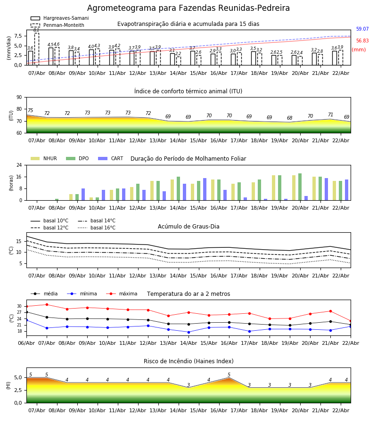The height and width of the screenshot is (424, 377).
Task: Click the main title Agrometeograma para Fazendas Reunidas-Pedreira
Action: (188, 8)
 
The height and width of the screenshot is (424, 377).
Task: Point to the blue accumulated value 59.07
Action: (362, 29)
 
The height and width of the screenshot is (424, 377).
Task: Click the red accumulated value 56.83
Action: (362, 41)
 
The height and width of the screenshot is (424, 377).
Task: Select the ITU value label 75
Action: (30, 111)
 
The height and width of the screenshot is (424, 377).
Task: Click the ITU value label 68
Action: (289, 118)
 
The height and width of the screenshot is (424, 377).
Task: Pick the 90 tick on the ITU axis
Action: (19, 98)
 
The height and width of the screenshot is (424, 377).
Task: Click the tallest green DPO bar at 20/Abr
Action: (300, 187)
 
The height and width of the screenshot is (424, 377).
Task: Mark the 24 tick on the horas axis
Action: (19, 165)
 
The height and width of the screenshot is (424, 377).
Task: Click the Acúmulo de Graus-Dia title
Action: (188, 227)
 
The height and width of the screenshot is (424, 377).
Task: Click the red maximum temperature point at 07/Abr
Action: (47, 304)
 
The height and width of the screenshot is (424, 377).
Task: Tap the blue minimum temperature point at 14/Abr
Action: (188, 332)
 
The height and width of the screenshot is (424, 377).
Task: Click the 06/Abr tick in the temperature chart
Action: (26, 342)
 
